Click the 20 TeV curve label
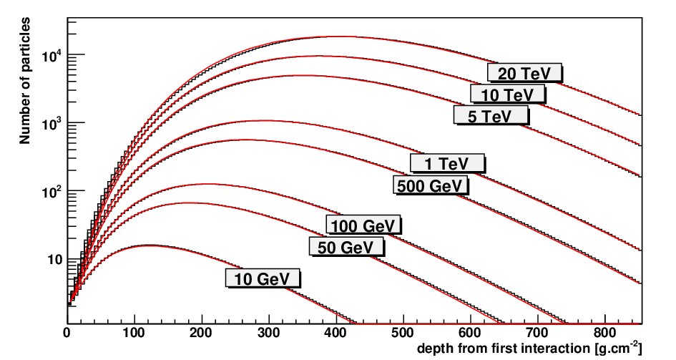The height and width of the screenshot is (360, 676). pyautogui.click(x=524, y=73)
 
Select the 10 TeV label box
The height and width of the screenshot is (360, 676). pyautogui.click(x=507, y=94)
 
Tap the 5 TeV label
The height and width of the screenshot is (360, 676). pyautogui.click(x=491, y=115)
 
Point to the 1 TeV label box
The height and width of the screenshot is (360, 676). pyautogui.click(x=447, y=163)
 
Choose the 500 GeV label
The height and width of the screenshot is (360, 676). pyautogui.click(x=430, y=185)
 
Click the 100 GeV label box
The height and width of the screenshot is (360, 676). pyautogui.click(x=363, y=225)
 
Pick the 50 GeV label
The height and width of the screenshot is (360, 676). pyautogui.click(x=346, y=247)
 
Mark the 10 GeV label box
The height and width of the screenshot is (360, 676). pyautogui.click(x=262, y=278)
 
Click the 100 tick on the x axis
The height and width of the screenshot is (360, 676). pyautogui.click(x=134, y=332)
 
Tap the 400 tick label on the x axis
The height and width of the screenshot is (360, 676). pyautogui.click(x=336, y=332)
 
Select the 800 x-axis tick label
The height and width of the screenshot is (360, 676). pyautogui.click(x=605, y=332)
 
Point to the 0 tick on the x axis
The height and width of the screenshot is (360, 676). pyautogui.click(x=67, y=332)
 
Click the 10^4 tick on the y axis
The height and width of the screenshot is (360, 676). pyautogui.click(x=54, y=55)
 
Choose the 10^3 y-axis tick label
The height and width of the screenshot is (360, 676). pyautogui.click(x=54, y=123)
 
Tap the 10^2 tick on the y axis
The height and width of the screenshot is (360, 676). pyautogui.click(x=54, y=191)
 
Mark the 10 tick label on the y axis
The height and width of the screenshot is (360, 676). pyautogui.click(x=55, y=261)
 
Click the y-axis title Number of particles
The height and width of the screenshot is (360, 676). pyautogui.click(x=25, y=81)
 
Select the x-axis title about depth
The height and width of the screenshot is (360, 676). pyautogui.click(x=529, y=348)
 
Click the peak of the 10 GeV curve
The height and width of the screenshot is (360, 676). pyautogui.click(x=147, y=245)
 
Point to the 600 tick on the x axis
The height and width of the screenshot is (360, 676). pyautogui.click(x=471, y=332)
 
